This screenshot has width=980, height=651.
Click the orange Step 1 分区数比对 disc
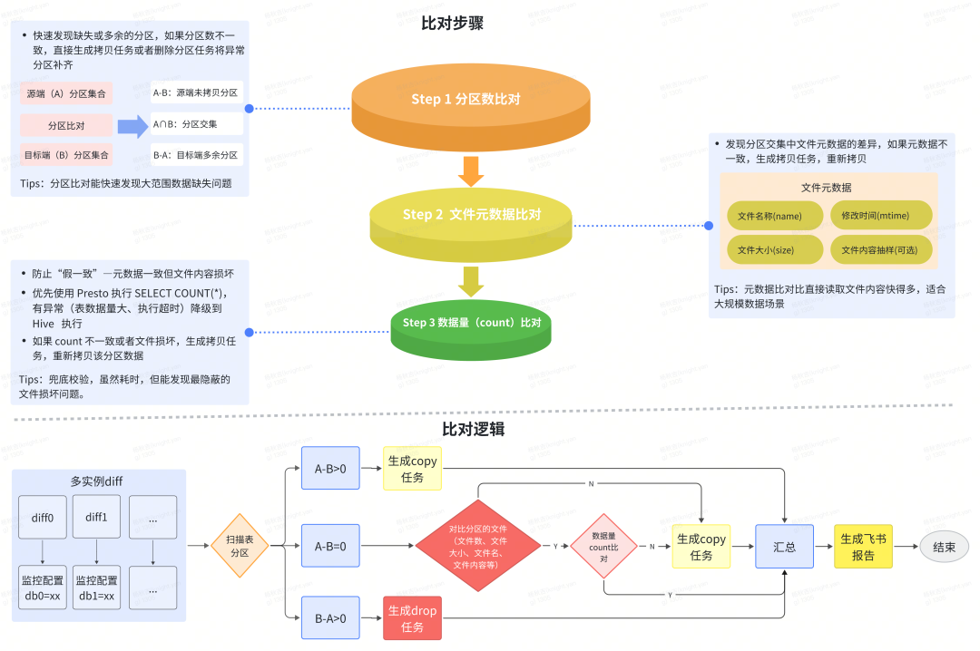click(464, 100)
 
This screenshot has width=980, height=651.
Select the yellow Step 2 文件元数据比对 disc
click(471, 215)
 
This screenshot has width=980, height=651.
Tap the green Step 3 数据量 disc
click(471, 323)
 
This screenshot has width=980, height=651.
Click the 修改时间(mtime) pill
click(879, 216)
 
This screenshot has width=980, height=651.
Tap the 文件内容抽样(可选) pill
click(879, 249)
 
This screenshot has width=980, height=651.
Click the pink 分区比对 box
click(65, 125)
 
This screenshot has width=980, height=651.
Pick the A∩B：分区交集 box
click(195, 123)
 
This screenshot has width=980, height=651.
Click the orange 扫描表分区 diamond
click(240, 546)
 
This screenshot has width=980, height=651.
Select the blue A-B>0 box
click(330, 468)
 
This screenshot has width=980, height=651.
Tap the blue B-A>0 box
click(330, 618)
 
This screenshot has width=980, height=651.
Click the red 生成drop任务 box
click(412, 618)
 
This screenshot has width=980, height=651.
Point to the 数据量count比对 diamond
click(603, 547)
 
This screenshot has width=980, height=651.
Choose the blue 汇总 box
click(784, 547)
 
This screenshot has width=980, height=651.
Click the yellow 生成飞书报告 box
click(863, 547)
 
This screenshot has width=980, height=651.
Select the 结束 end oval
click(944, 547)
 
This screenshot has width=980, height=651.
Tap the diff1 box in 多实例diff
click(96, 518)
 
